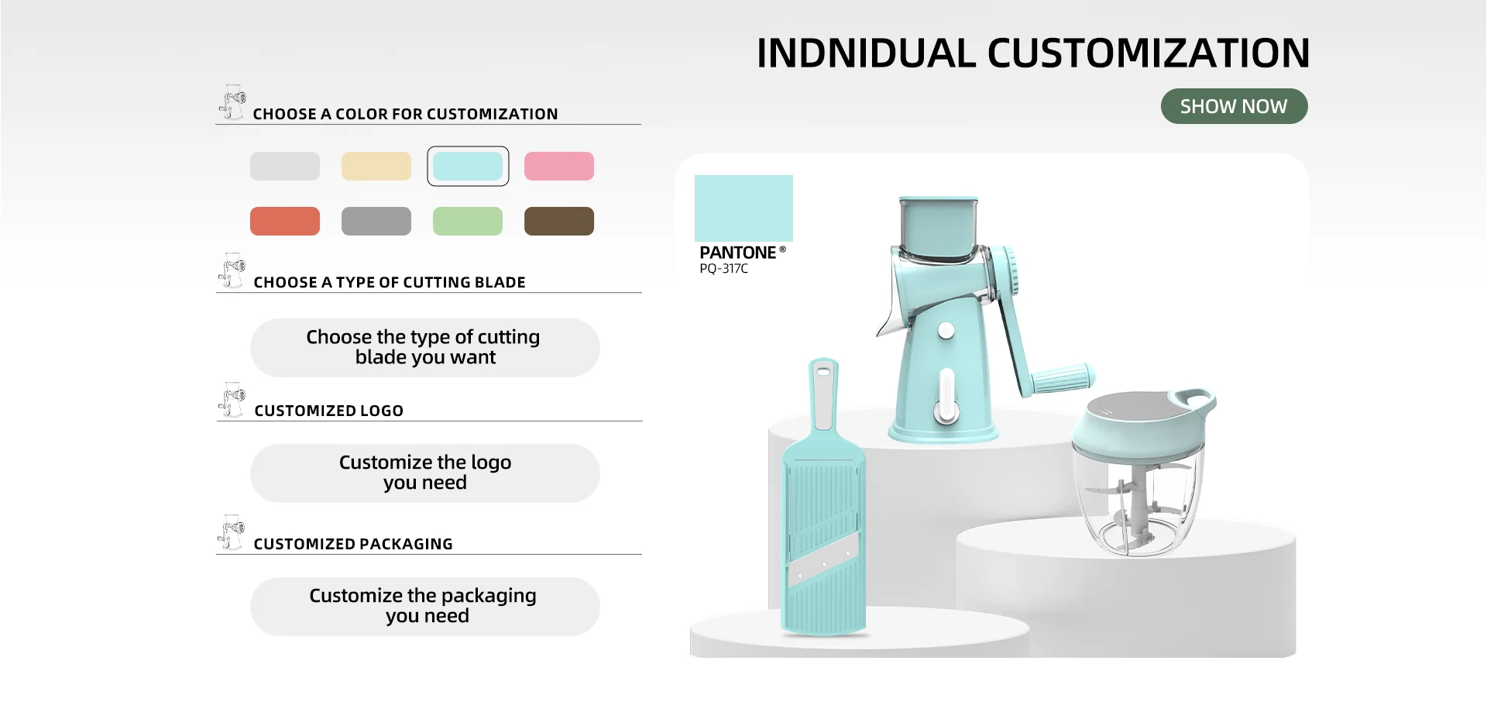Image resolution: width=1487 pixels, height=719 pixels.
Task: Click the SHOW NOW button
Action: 1234,106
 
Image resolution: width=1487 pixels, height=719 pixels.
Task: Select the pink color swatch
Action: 559,166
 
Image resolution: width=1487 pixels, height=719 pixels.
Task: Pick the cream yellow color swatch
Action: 376,166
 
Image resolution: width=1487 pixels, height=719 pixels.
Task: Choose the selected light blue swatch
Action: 468,166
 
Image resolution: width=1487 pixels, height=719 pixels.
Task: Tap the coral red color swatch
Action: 285,221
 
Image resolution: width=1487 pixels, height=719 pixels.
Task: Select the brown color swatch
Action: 559,221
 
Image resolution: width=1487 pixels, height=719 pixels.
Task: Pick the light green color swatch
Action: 468,221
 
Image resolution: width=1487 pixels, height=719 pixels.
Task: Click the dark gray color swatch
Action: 376,221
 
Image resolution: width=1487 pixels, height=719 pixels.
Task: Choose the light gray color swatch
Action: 285,166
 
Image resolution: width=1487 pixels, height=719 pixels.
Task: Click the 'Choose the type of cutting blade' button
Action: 424,347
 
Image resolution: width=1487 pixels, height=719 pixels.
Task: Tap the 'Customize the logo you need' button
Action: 424,473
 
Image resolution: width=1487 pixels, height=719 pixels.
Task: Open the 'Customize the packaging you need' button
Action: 424,606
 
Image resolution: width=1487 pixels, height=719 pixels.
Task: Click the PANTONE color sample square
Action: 743,208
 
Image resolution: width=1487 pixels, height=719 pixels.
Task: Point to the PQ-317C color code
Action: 723,269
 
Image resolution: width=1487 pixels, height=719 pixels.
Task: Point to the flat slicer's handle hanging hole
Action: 822,372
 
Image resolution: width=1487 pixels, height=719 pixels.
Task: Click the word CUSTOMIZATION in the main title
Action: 1149,53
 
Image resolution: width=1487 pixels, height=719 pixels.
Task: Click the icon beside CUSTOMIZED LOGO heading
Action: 232,399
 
